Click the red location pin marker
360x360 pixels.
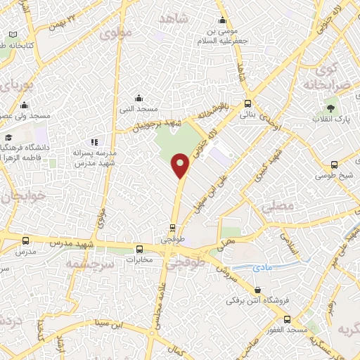click(x=181, y=165)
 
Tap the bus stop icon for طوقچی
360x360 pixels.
click(x=173, y=227)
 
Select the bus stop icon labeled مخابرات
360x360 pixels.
click(x=139, y=249)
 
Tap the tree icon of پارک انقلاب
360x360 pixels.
click(x=330, y=108)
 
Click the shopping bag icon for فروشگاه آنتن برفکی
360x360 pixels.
click(x=257, y=290)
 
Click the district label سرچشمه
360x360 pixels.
click(x=89, y=262)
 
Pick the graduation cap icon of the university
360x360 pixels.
click(x=8, y=138)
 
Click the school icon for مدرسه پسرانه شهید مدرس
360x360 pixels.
click(x=95, y=142)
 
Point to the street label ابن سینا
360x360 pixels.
click(x=110, y=323)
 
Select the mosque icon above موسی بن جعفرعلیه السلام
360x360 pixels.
click(x=222, y=20)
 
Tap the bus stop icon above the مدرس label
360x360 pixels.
click(x=26, y=240)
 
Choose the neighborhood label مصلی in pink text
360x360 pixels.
click(x=274, y=207)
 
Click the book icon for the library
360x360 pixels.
click(x=13, y=34)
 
